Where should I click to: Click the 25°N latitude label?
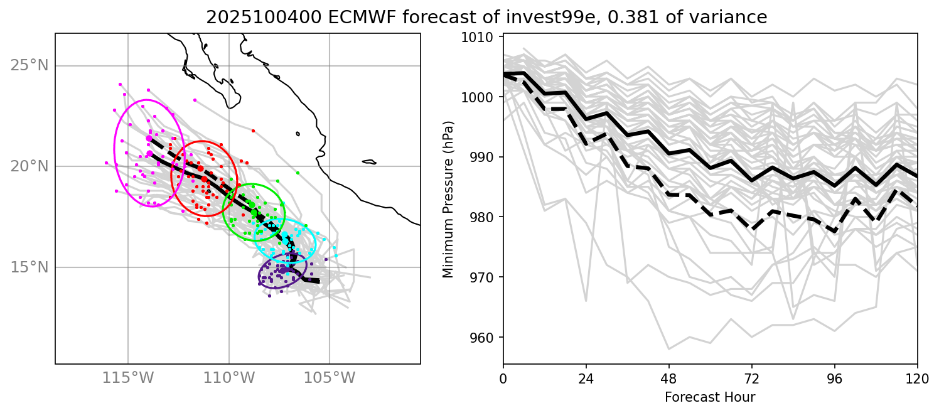pos(30,66)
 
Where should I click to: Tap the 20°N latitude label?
pos(30,166)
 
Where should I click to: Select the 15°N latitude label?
pos(30,267)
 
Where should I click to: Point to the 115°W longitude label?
pos(128,378)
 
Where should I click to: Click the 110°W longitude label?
pos(228,378)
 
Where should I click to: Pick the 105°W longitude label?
pos(330,378)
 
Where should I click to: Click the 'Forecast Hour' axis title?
pos(710,397)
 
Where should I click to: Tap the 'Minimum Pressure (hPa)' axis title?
pos(448,198)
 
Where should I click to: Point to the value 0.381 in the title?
pos(574,18)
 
